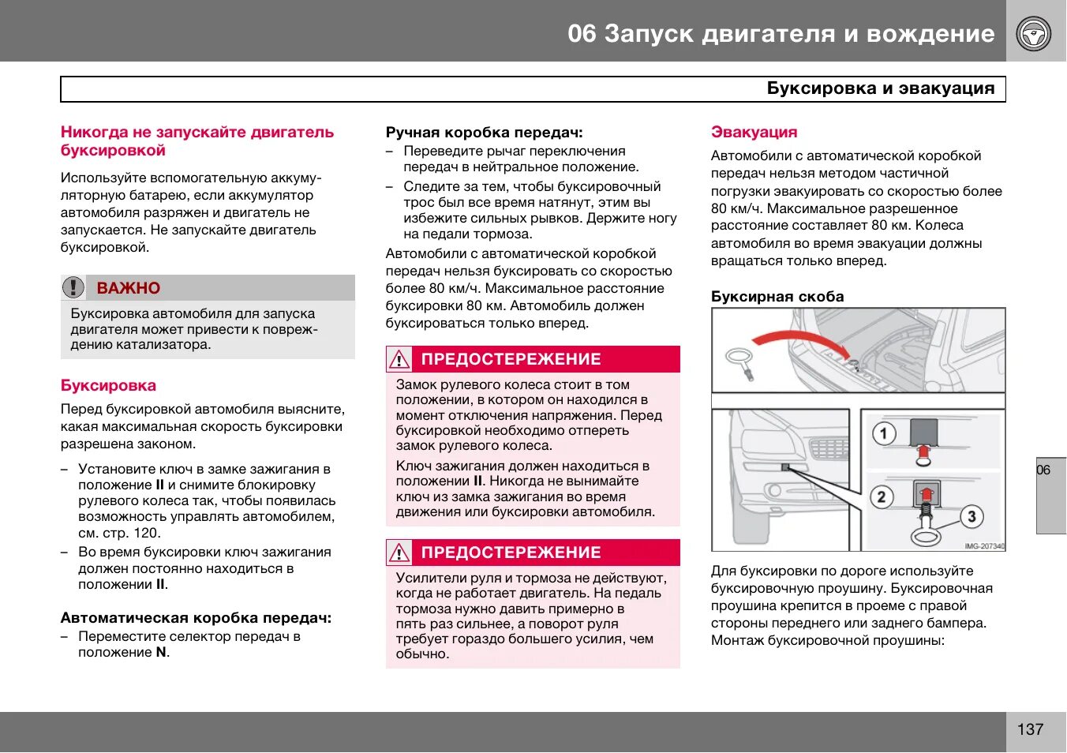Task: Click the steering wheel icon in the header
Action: tap(1033, 34)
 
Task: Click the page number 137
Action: tap(1030, 729)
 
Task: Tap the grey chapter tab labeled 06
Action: tap(1050, 495)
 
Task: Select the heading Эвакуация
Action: tap(754, 133)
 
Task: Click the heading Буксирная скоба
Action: tap(777, 297)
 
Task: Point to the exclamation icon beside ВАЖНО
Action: tap(73, 287)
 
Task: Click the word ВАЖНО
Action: tap(128, 288)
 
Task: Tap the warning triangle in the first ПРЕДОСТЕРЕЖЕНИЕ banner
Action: tap(399, 360)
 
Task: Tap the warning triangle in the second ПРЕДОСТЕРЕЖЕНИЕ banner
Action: tap(399, 553)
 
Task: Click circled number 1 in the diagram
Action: tap(883, 433)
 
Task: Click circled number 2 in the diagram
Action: tap(882, 496)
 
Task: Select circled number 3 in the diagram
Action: tap(971, 517)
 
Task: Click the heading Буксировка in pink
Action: tap(108, 386)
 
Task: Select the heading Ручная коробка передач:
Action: tap(484, 133)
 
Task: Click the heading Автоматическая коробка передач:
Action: tap(196, 618)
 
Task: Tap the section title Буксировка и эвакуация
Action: tap(880, 88)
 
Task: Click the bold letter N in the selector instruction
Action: tap(161, 653)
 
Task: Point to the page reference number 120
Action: tap(146, 533)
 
